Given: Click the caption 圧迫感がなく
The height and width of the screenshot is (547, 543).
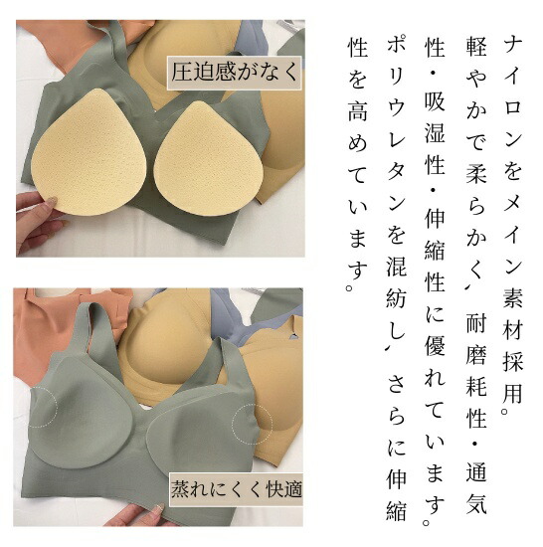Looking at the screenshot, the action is [x=235, y=73].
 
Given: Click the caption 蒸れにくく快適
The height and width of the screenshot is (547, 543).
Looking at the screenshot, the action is [x=236, y=489].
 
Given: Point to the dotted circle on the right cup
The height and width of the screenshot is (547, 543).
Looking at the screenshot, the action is [x=253, y=424].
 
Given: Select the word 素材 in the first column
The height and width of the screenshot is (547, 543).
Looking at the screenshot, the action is [x=512, y=312].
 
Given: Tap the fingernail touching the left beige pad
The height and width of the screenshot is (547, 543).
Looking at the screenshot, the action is [x=53, y=200].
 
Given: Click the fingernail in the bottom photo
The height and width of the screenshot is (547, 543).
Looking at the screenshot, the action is [x=160, y=507].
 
